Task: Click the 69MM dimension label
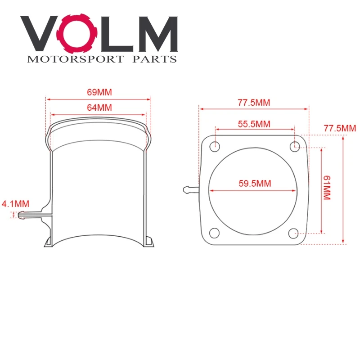[99, 92]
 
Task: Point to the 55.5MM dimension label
[254, 124]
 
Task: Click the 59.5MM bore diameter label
[254, 184]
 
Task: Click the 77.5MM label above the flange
[254, 102]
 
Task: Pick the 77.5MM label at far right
[339, 128]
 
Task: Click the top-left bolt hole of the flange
[216, 145]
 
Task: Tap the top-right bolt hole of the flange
[295, 145]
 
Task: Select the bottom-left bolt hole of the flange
[215, 233]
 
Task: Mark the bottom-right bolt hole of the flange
[293, 233]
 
